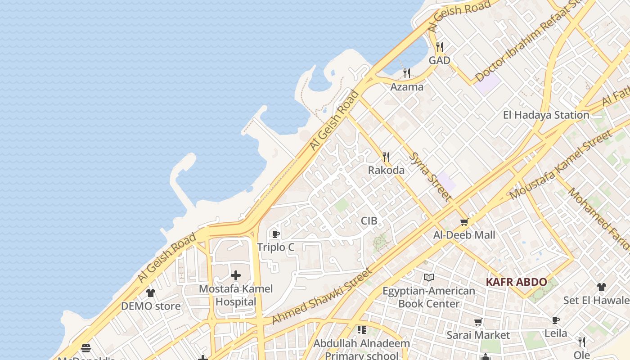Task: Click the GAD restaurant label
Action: coord(439,60)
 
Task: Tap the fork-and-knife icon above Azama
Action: coord(407,73)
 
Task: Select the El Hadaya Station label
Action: coord(546,115)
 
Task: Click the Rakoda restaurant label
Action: coord(386,170)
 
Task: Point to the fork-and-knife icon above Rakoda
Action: coord(386,157)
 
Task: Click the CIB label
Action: coord(369,221)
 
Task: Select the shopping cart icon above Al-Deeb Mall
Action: coord(464,222)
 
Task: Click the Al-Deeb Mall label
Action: coord(464,235)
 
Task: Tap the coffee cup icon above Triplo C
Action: coord(275,234)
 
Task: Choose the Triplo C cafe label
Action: coord(275,247)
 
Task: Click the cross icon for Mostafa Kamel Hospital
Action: coord(235,275)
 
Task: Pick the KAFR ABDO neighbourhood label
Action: coord(516,282)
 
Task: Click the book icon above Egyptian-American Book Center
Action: coord(428,278)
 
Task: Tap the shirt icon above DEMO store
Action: coord(151,293)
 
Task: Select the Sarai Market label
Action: coord(478,335)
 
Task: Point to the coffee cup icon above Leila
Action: coord(556,320)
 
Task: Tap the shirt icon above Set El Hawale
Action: coord(602,287)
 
